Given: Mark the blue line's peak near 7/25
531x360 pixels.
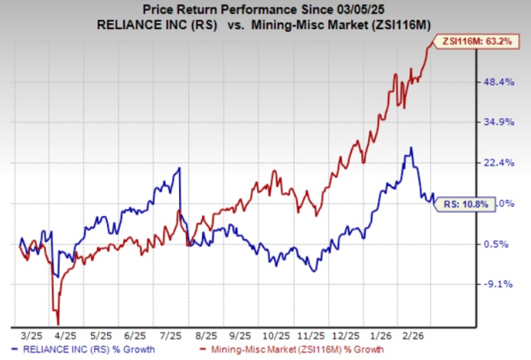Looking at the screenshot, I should tap(179, 168).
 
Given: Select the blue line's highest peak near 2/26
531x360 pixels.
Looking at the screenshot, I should tap(412, 147).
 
